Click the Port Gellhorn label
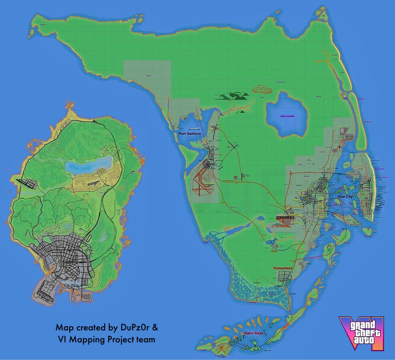[190, 134]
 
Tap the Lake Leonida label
[287, 116]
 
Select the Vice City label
[345, 196]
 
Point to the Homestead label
[283, 268]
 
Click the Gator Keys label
[254, 333]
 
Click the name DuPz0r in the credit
[136, 328]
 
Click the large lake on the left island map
[89, 164]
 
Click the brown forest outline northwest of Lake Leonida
[262, 90]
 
